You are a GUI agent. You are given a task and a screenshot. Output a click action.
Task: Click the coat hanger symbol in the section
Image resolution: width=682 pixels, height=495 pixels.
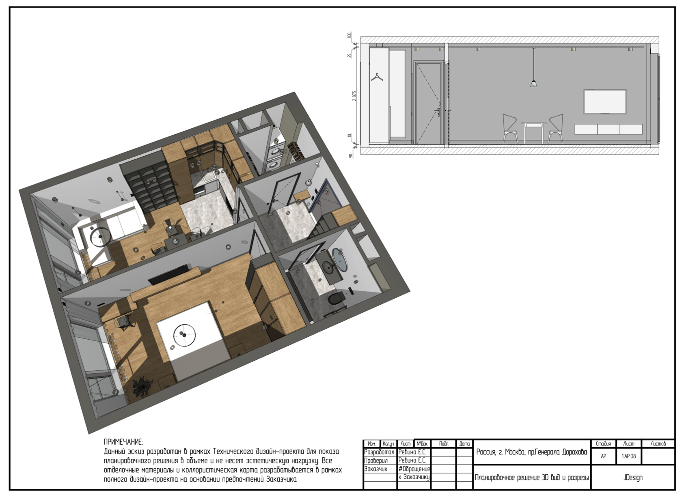[377, 77]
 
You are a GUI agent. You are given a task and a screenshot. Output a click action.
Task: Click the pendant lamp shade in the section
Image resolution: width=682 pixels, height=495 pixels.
[534, 84]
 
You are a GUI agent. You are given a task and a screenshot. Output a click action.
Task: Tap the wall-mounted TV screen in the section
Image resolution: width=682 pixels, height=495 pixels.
[605, 101]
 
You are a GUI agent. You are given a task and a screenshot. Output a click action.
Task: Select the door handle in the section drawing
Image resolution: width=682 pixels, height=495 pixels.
[438, 112]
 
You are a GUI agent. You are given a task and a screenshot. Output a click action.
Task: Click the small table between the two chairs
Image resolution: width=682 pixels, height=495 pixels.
[533, 133]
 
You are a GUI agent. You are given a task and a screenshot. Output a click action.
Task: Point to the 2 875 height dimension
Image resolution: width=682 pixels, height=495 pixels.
[354, 96]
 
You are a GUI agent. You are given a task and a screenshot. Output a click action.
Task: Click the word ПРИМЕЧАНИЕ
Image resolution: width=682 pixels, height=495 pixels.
[123, 442]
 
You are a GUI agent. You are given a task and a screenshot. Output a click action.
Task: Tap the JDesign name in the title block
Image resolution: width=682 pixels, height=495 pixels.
[632, 478]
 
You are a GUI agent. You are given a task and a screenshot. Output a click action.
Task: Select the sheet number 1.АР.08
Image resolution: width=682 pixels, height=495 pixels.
[629, 456]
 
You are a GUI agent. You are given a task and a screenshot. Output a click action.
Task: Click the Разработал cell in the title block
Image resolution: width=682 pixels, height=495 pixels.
[379, 452]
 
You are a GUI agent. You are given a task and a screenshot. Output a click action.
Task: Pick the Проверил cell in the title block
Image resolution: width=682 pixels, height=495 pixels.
[376, 461]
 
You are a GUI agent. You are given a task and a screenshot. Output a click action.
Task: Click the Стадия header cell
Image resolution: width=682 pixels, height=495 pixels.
[603, 443]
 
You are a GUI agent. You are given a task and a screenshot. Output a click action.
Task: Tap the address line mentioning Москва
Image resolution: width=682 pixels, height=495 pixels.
[532, 452]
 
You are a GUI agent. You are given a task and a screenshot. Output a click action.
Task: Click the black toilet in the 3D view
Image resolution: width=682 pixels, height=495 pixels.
[337, 298]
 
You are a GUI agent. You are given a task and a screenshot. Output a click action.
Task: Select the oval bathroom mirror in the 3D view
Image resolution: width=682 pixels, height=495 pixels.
[339, 260]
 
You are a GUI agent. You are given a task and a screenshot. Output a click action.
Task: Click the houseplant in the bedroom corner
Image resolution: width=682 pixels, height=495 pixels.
[143, 388]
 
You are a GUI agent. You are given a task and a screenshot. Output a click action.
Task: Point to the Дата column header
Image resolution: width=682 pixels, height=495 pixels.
[464, 444]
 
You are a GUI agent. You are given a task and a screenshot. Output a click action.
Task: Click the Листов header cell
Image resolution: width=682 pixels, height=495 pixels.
[658, 443]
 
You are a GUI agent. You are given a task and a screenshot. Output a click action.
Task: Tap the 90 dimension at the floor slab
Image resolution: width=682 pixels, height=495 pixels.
[351, 156]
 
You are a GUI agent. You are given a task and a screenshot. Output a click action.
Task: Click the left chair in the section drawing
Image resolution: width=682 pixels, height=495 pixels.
[510, 128]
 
